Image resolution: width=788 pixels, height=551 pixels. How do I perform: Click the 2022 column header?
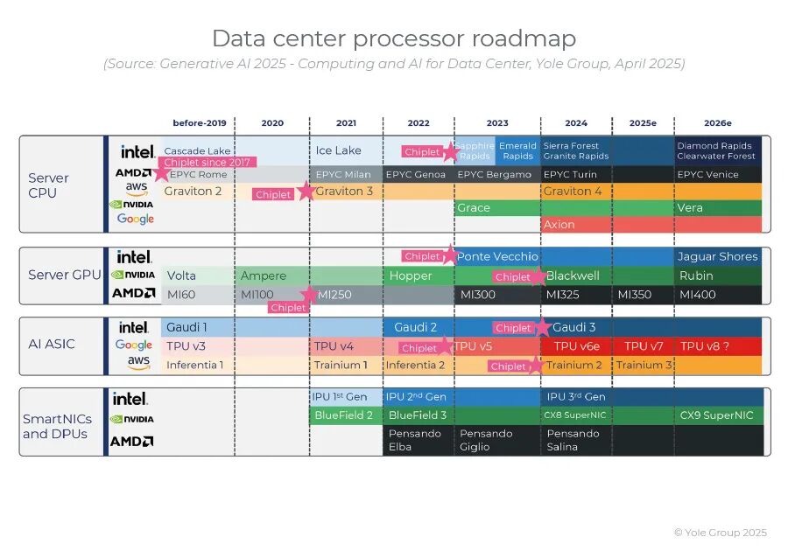[x=419, y=123]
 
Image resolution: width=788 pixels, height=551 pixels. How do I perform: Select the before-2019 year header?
[x=199, y=123]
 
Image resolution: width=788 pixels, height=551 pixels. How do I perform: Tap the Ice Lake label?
[x=339, y=150]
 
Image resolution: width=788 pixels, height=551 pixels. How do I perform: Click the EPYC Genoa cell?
[x=416, y=175]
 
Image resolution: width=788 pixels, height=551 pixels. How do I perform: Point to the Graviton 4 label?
[x=573, y=191]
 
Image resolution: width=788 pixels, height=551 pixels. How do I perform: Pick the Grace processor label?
[x=474, y=208]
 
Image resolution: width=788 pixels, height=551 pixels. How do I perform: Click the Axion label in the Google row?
[x=559, y=225]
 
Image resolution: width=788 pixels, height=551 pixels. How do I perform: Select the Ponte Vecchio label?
[x=497, y=256]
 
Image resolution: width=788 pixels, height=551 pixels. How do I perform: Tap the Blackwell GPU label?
[x=573, y=275]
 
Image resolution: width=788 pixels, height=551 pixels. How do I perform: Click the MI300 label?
[x=478, y=295]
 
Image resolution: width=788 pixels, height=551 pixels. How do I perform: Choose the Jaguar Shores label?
[x=717, y=256]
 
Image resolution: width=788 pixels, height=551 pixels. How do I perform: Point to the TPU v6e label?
[x=577, y=346]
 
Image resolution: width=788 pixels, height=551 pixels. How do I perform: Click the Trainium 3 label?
[x=644, y=365]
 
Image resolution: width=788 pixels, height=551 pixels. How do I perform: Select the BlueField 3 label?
[x=418, y=415]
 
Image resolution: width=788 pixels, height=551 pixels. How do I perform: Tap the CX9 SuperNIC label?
[x=716, y=415]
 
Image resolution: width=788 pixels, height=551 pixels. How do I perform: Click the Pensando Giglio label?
[x=480, y=440]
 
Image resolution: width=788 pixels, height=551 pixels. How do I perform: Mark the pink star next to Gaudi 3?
[x=542, y=328]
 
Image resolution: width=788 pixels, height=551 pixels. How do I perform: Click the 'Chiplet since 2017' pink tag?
[x=207, y=163]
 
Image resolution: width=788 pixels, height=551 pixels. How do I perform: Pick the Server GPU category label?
[x=65, y=275]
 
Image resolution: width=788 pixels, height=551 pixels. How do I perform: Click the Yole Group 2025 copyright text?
[x=720, y=533]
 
